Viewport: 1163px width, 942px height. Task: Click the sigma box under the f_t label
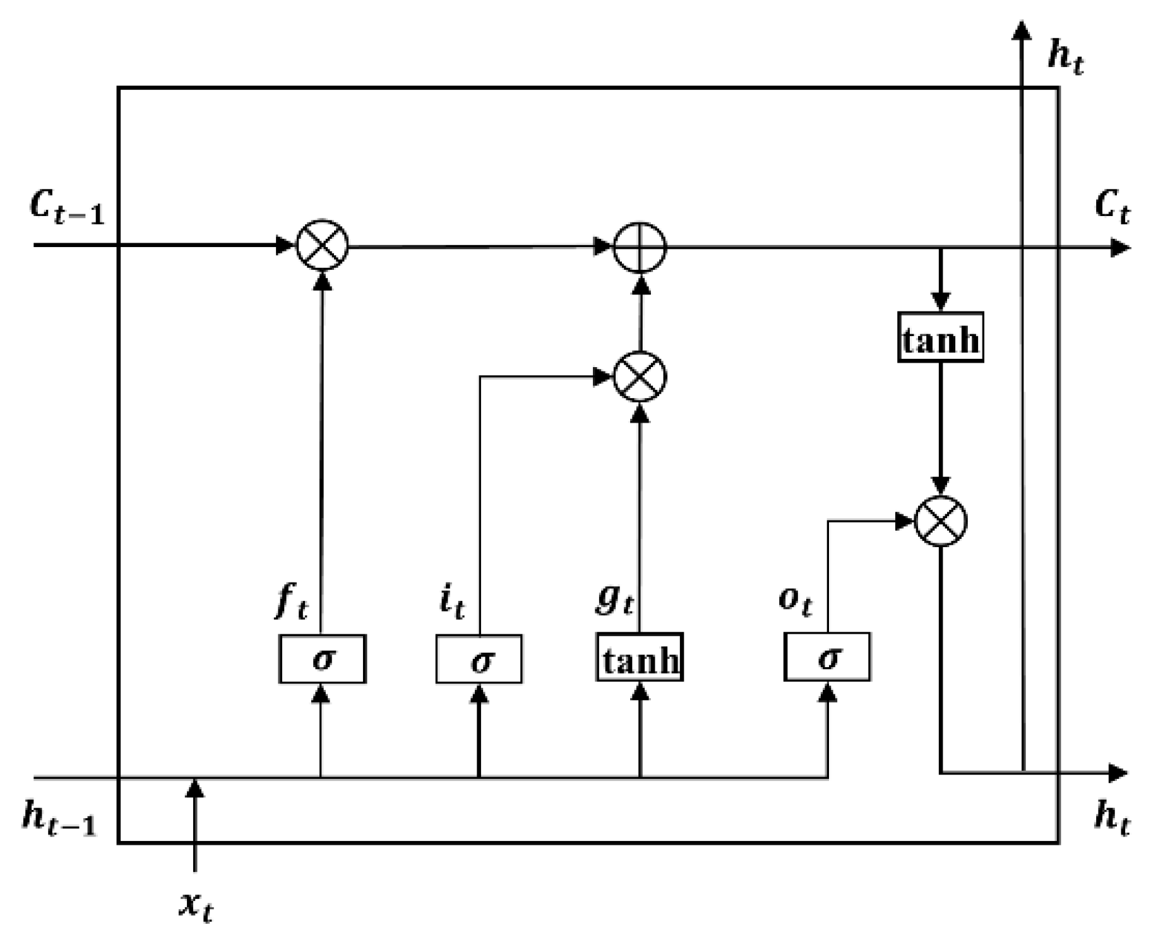coord(322,659)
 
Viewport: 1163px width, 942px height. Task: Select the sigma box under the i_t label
coord(479,660)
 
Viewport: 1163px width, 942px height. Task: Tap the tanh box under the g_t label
coord(640,658)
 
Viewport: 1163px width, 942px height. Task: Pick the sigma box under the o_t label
coord(827,657)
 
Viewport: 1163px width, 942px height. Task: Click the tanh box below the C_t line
coord(940,337)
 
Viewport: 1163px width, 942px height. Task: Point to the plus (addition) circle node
coord(640,247)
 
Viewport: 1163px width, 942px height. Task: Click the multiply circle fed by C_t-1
coord(323,245)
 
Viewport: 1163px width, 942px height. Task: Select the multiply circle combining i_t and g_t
coord(640,377)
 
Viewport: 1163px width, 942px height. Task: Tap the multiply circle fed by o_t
coord(941,521)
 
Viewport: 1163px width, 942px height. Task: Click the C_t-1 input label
coord(66,206)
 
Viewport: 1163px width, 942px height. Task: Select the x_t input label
coord(196,907)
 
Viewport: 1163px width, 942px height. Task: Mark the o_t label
coord(794,600)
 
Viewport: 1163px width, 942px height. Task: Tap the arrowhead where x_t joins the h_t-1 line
coord(195,788)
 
